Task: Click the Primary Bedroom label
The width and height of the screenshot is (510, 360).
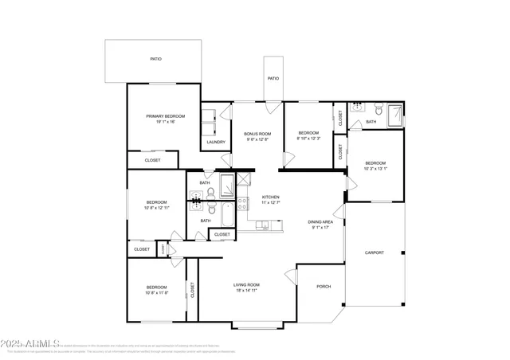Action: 165,116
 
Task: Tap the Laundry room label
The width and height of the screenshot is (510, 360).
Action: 216,142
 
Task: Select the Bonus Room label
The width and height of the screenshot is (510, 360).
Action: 257,133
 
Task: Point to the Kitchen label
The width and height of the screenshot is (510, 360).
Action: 271,197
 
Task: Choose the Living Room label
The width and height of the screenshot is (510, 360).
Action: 247,284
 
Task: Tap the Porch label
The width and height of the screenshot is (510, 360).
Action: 324,287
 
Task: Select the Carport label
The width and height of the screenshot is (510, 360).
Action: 374,252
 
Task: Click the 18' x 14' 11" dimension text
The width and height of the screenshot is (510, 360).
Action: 247,291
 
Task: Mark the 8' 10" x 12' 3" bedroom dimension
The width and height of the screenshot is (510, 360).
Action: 308,139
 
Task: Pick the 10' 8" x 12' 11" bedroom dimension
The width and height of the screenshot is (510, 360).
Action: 156,208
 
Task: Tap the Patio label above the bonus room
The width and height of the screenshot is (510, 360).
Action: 273,78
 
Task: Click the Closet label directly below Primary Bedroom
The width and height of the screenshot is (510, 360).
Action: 152,160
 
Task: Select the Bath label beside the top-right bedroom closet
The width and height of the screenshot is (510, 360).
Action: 371,122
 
